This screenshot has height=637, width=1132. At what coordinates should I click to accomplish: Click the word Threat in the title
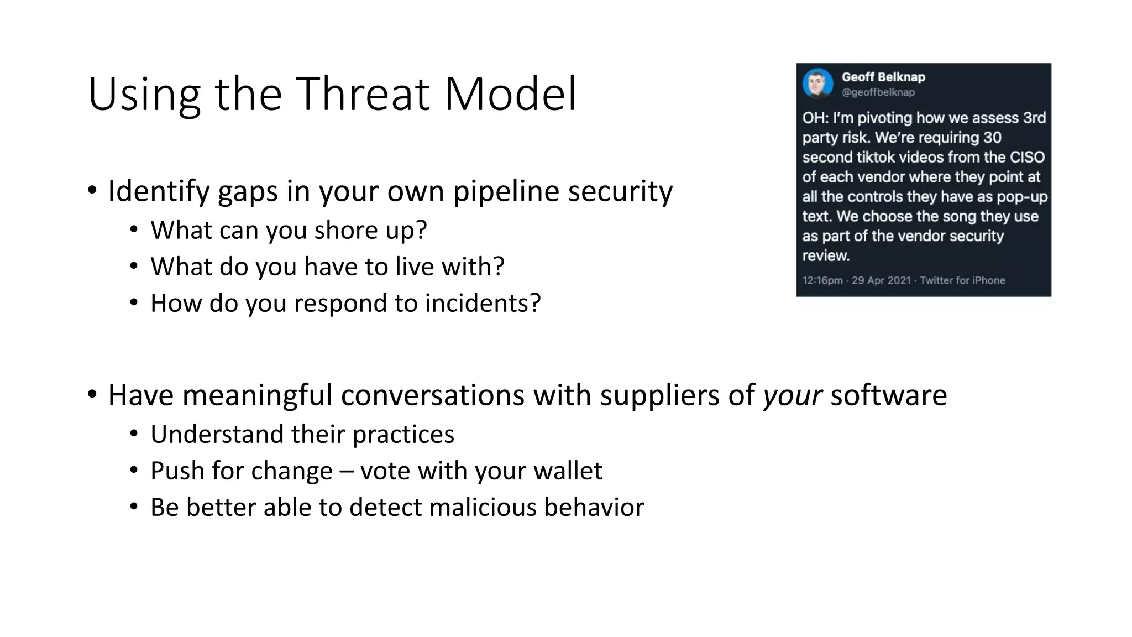pyautogui.click(x=363, y=94)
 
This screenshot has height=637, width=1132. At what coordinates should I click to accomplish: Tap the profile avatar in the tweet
pyautogui.click(x=817, y=83)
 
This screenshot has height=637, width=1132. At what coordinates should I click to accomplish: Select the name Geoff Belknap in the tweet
pyautogui.click(x=883, y=77)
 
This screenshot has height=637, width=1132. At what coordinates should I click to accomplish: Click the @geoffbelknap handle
pyautogui.click(x=878, y=92)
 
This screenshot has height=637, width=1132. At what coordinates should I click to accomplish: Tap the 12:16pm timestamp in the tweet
pyautogui.click(x=822, y=280)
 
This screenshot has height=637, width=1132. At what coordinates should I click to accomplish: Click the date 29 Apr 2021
pyautogui.click(x=881, y=280)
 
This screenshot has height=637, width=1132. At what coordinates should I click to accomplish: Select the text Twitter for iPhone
pyautogui.click(x=962, y=280)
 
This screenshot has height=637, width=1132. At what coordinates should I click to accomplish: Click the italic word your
pyautogui.click(x=793, y=396)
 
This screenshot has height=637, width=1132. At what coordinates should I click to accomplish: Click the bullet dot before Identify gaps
pyautogui.click(x=92, y=191)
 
